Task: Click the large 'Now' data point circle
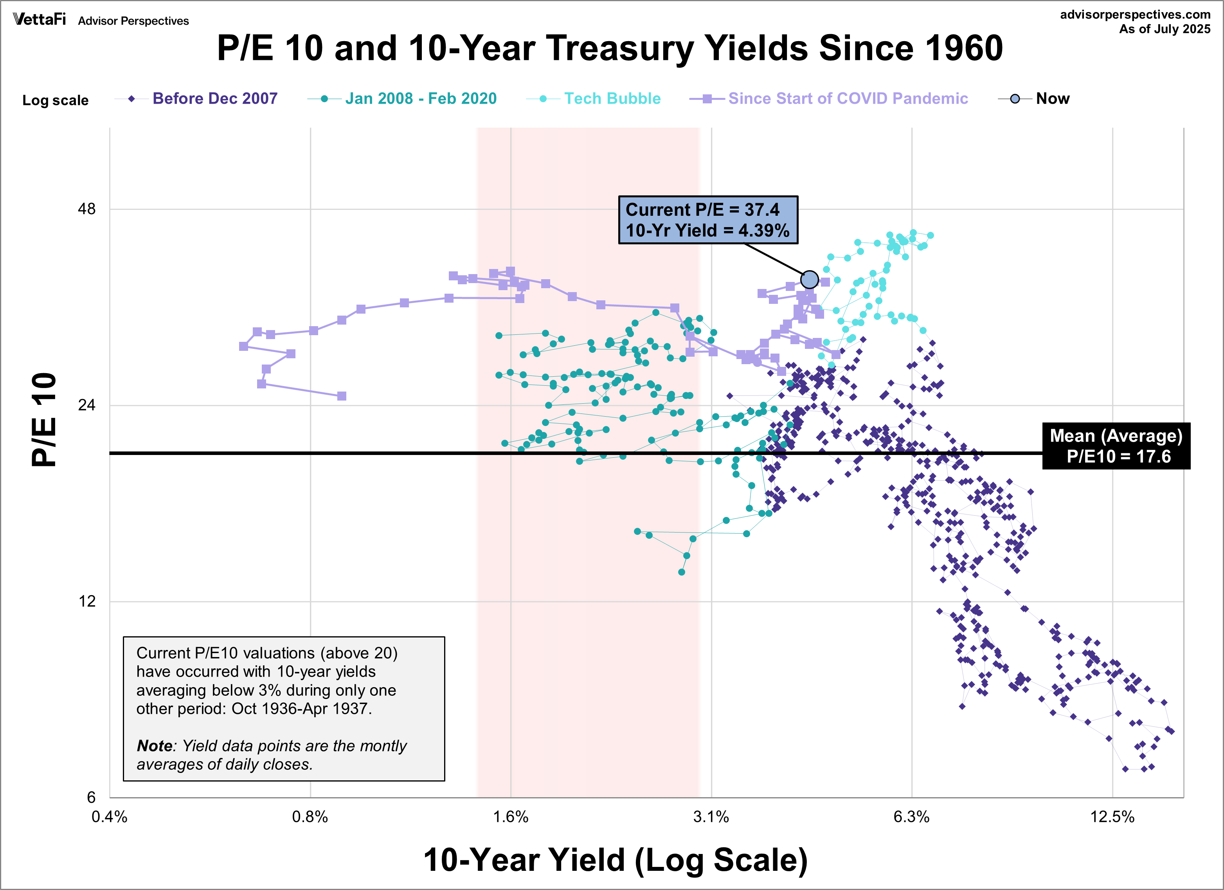(809, 279)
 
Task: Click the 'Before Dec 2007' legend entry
(214, 98)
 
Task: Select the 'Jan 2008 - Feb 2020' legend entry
(420, 98)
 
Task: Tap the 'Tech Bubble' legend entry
(612, 98)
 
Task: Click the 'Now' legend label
(1052, 98)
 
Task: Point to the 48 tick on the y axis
(86, 209)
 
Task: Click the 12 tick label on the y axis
(86, 601)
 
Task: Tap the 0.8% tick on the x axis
(310, 816)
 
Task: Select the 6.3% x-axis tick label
(911, 816)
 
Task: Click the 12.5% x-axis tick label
(1112, 816)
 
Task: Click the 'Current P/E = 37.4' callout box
(707, 220)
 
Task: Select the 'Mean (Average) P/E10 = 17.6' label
(1116, 446)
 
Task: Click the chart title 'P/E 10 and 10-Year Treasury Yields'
(610, 48)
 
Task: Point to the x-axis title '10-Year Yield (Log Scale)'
(615, 860)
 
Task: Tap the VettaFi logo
(40, 20)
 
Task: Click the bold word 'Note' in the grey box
(154, 746)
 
